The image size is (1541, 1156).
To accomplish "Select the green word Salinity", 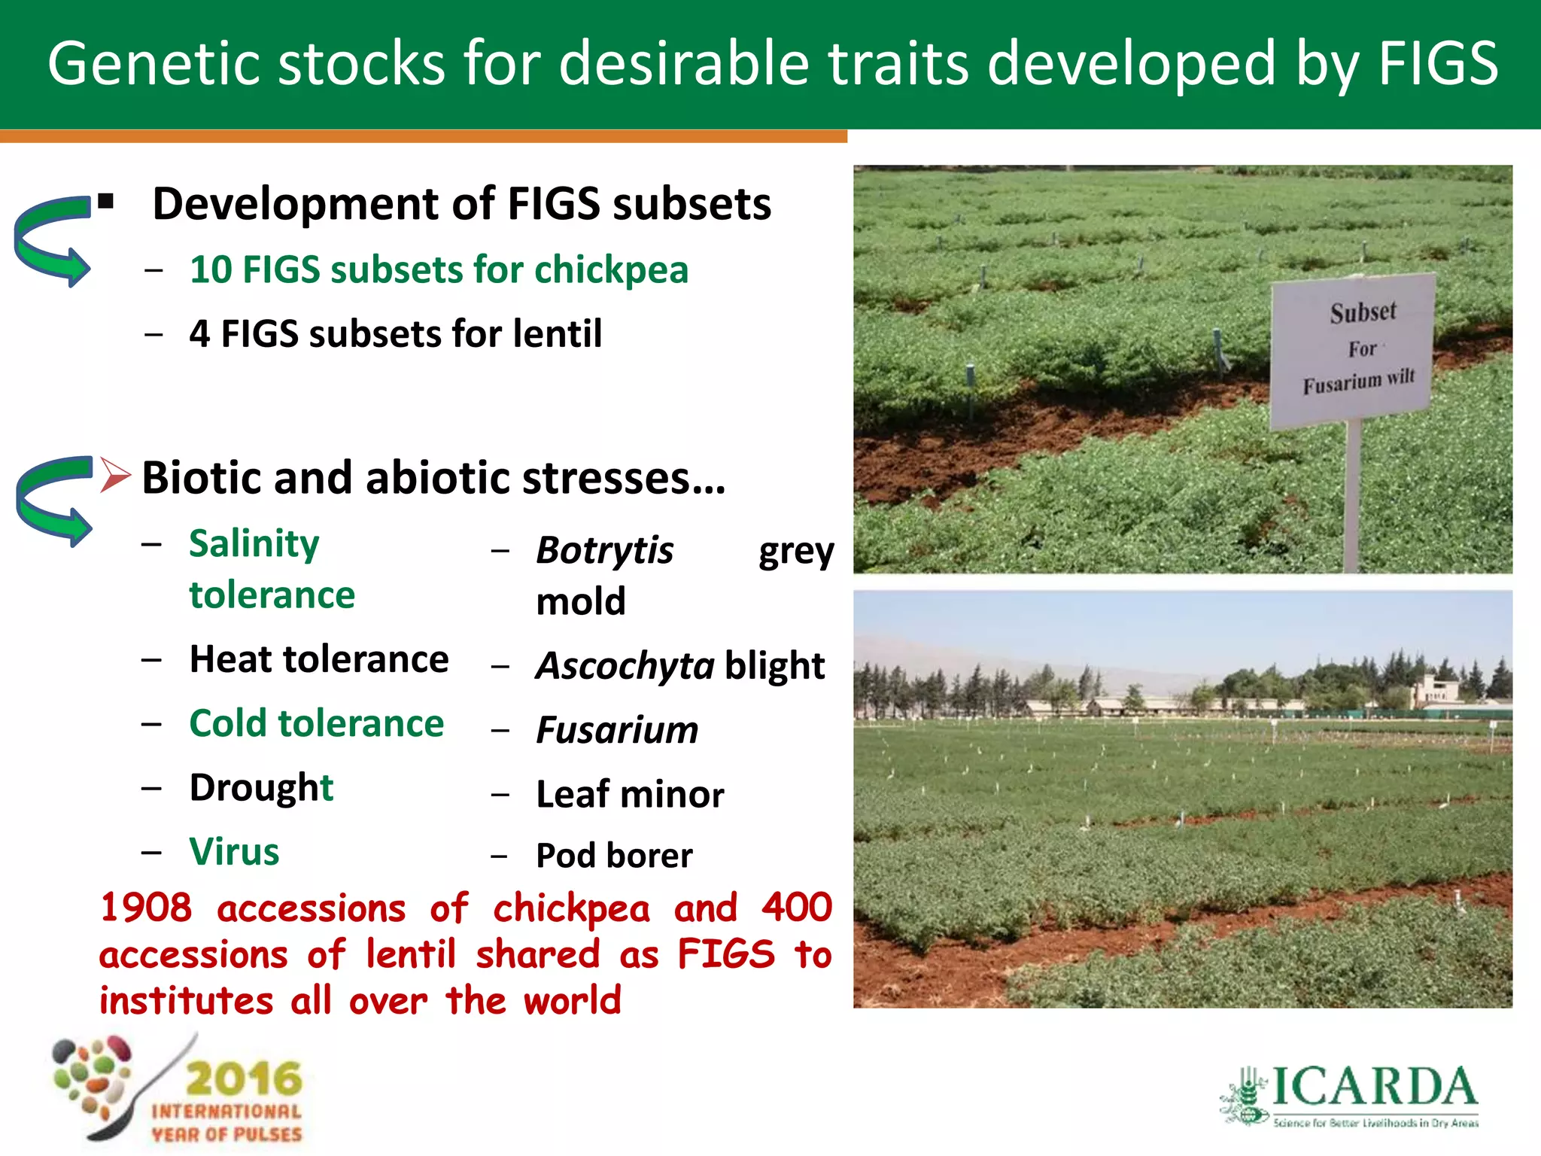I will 254,543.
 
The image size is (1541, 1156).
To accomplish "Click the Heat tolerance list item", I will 318,660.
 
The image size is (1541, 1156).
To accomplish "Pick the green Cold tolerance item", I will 316,724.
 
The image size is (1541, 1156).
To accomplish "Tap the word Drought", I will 260,788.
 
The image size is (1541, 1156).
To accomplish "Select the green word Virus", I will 234,852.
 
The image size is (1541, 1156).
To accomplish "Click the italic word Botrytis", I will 604,550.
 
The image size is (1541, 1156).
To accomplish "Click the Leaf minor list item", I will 629,795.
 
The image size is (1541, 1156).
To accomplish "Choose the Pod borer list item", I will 613,856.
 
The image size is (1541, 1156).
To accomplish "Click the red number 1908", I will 145,908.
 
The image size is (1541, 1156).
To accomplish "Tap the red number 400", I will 796,908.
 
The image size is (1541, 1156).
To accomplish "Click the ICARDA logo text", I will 1373,1087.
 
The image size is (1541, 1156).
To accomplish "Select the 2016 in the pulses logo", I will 243,1079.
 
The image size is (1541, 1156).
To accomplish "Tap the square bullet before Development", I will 106,202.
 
